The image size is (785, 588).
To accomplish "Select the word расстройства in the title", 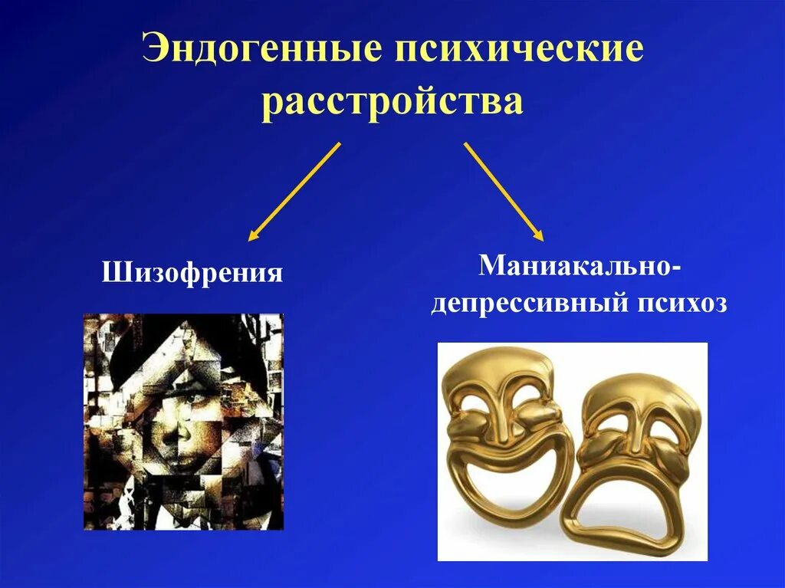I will coord(392,102).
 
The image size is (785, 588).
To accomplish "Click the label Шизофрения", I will coord(192,272).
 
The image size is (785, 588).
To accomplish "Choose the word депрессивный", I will coord(527,304).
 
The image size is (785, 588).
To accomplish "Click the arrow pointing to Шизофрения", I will coord(294,191).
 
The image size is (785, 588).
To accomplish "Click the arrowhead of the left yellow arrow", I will coord(252,237).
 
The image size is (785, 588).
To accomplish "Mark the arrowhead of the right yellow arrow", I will coord(538,237).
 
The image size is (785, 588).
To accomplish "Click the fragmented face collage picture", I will coord(183,421).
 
